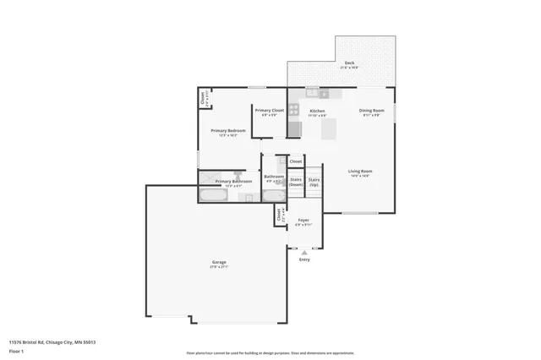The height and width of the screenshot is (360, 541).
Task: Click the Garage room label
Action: pos(219,263)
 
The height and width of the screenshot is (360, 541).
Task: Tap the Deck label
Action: pos(349,63)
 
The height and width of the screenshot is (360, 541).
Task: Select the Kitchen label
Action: pos(317,111)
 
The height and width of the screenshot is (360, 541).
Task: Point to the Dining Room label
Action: pos(373,111)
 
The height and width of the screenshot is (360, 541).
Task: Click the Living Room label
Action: pos(361,172)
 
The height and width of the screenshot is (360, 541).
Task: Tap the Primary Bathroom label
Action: pos(233,182)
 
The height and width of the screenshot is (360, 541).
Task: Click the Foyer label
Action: pos(303,221)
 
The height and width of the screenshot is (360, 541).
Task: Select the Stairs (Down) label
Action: pos(296,181)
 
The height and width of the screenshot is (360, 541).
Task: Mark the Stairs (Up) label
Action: pos(314,181)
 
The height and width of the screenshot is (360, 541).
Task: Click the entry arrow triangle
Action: pos(304,252)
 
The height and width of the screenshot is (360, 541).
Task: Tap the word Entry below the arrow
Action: pos(304,259)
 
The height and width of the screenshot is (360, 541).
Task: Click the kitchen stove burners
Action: pos(293,109)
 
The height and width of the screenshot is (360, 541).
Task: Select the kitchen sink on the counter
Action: pos(312,91)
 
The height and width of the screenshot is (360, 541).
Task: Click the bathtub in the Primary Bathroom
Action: pos(212,195)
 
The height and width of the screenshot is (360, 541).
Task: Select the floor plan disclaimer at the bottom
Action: pos(270,352)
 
